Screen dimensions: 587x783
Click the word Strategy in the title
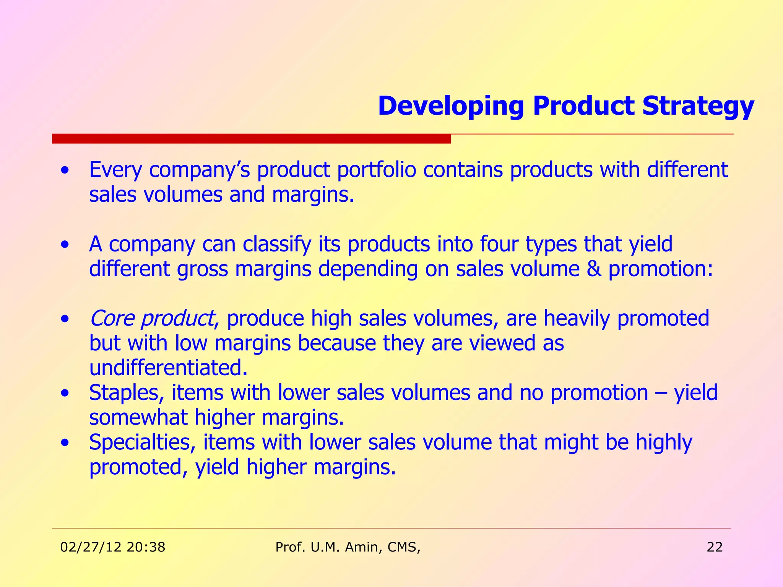point(698,106)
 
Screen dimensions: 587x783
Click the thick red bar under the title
point(251,138)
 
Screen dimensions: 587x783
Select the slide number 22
point(715,547)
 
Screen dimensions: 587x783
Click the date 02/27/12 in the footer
point(91,547)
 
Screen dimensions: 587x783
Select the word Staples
point(126,393)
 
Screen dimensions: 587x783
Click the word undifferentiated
point(168,368)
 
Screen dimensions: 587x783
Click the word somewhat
point(138,417)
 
